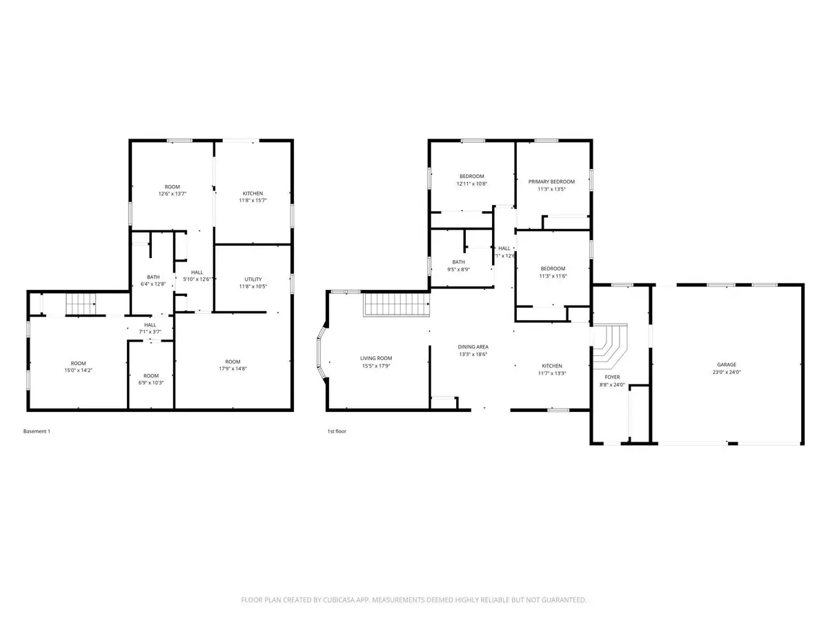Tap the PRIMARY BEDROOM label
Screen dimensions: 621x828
pyautogui.click(x=551, y=181)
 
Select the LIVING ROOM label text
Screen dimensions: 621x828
pyautogui.click(x=376, y=358)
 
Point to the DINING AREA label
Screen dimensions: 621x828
pyautogui.click(x=473, y=346)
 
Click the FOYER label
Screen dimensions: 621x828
pyautogui.click(x=612, y=377)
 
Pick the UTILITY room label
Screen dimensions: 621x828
pyautogui.click(x=253, y=279)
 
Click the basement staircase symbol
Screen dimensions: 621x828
pyautogui.click(x=79, y=304)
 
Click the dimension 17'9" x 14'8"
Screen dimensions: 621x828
pyautogui.click(x=233, y=369)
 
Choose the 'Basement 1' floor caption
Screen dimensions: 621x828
pyautogui.click(x=37, y=431)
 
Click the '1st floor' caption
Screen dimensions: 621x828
pyautogui.click(x=336, y=431)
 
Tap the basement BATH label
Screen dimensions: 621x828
pyautogui.click(x=153, y=277)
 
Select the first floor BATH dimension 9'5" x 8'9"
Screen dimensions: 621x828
pyautogui.click(x=459, y=269)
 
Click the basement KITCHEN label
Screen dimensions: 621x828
pyautogui.click(x=253, y=193)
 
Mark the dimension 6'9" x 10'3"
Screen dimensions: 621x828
pyautogui.click(x=152, y=383)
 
